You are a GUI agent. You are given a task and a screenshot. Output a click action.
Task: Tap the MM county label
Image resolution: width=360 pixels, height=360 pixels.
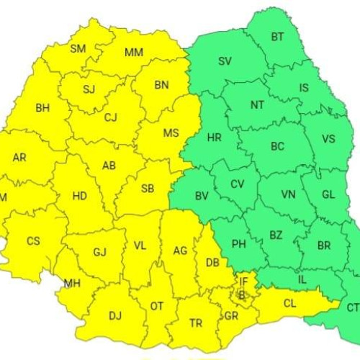coord(133,53)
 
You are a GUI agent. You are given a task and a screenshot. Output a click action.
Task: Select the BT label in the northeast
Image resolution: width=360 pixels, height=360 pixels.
coord(277,37)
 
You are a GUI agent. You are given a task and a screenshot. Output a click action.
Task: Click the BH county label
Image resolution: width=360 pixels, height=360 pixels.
coord(42,108)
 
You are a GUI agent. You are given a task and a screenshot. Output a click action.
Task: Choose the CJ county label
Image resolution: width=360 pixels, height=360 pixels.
coord(110,117)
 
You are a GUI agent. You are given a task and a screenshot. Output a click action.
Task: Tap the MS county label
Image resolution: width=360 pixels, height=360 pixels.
coord(171,133)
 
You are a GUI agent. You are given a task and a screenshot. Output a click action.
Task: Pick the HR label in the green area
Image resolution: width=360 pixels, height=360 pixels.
coord(214,138)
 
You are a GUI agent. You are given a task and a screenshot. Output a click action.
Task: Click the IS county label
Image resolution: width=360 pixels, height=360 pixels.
coord(304,88)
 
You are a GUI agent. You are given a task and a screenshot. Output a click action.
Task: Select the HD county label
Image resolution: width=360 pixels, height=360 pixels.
coord(79,195)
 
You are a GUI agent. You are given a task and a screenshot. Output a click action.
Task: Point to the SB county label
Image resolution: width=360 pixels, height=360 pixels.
coord(148,189)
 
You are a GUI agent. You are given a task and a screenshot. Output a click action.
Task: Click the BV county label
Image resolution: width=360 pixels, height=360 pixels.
coord(202,195)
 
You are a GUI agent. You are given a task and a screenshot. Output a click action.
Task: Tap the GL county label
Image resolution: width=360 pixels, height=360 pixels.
coord(328,194)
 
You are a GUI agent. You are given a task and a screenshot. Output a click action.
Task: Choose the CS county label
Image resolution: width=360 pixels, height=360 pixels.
coord(33,241)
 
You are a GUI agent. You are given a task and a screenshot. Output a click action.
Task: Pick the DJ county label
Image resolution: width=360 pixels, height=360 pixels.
coord(114,315)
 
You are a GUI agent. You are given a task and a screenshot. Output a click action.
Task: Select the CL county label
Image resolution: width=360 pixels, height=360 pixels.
coord(289,304)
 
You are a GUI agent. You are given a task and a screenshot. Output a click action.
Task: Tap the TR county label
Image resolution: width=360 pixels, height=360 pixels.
coord(195,323)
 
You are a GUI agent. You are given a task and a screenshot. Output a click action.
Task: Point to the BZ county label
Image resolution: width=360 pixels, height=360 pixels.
coord(276,235)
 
